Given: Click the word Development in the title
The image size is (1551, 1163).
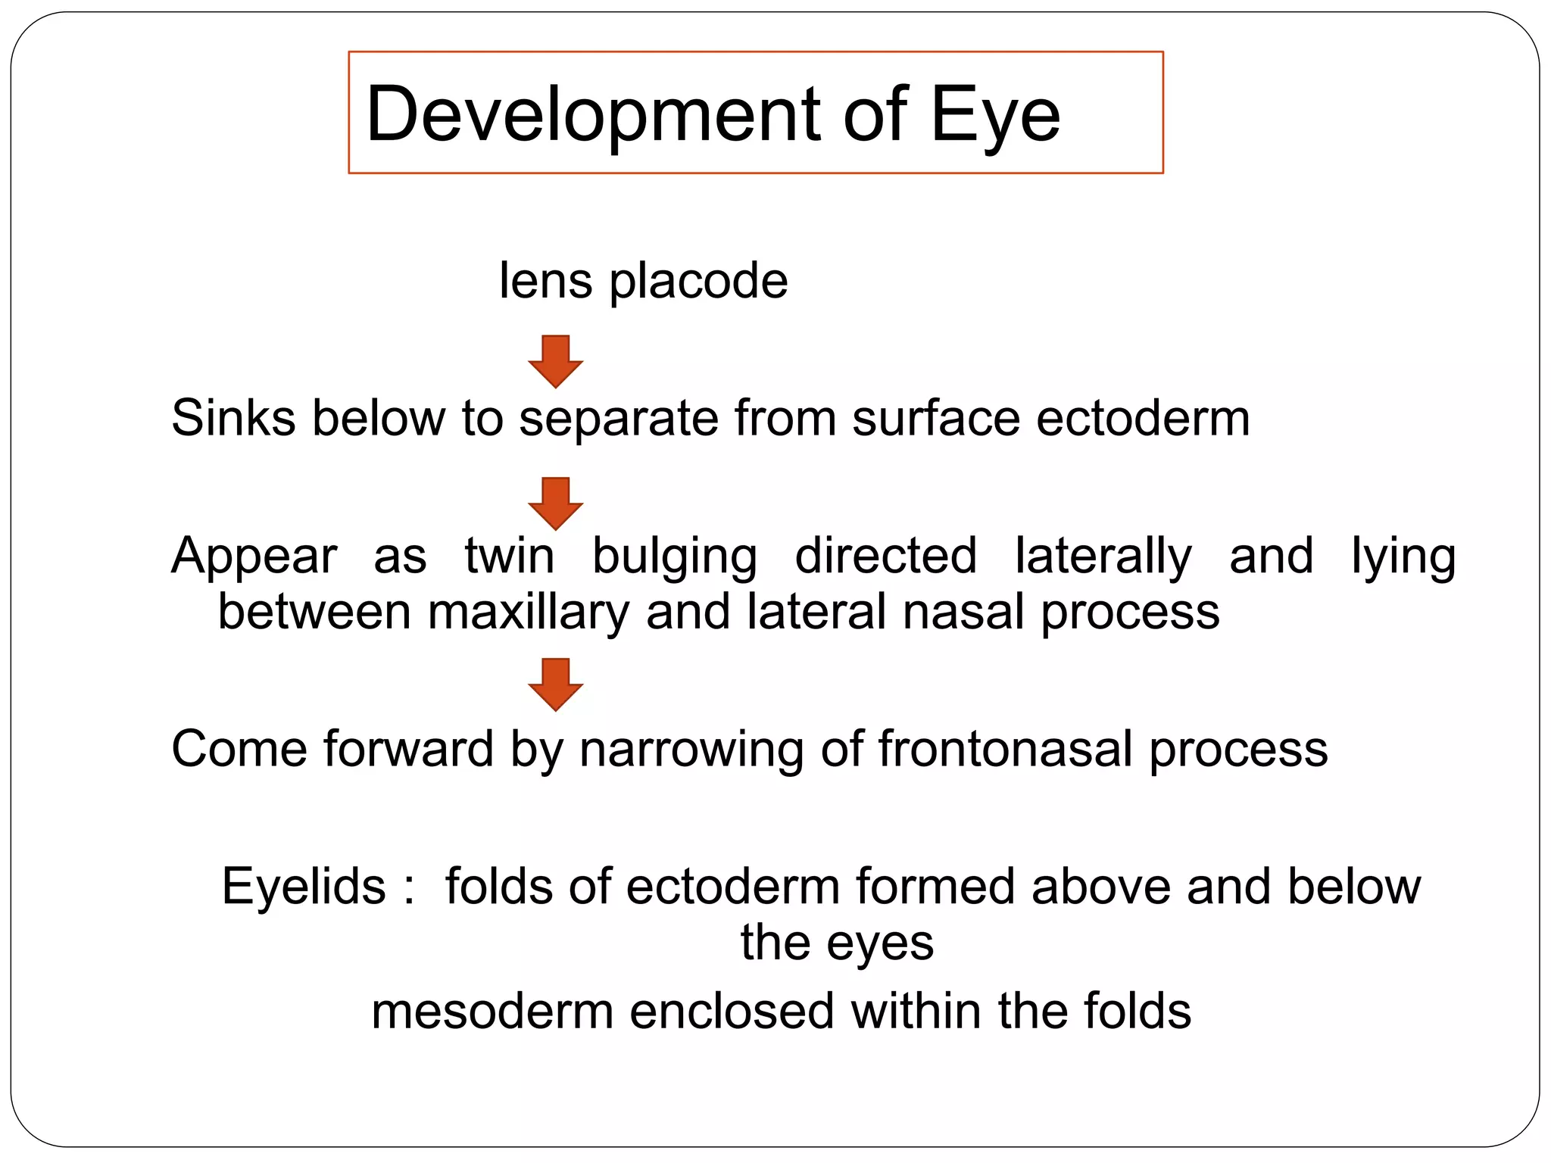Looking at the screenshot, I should click(592, 115).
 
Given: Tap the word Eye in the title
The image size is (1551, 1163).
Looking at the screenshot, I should click(994, 115).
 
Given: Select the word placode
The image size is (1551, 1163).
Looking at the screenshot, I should click(698, 282).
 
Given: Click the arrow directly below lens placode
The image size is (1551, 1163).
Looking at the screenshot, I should click(555, 361).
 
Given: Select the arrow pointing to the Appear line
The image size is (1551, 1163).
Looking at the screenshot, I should click(555, 504).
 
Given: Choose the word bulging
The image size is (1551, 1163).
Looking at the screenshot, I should click(674, 557).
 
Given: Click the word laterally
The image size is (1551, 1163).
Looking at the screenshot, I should click(1103, 557).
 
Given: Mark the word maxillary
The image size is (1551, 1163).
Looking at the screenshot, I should click(528, 612).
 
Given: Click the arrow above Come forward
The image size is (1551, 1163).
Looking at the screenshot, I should click(555, 684).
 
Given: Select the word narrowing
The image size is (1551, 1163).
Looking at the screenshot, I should click(691, 750).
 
